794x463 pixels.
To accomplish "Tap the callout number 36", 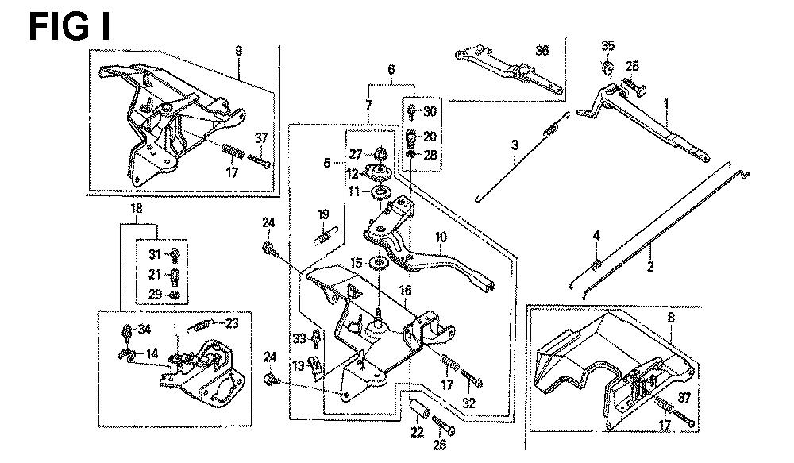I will pyautogui.click(x=542, y=51).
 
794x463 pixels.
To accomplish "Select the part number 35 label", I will pyautogui.click(x=608, y=44).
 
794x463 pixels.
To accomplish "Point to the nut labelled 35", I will pyautogui.click(x=607, y=66).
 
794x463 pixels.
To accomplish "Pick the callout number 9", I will pyautogui.click(x=237, y=52).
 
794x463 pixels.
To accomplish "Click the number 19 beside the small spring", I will pyautogui.click(x=323, y=214).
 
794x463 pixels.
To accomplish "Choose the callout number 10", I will pyautogui.click(x=441, y=237).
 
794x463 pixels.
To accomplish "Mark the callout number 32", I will pyautogui.click(x=468, y=403).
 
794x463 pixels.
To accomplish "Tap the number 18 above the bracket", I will pyautogui.click(x=136, y=209).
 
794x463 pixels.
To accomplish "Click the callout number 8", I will pyautogui.click(x=671, y=317).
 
